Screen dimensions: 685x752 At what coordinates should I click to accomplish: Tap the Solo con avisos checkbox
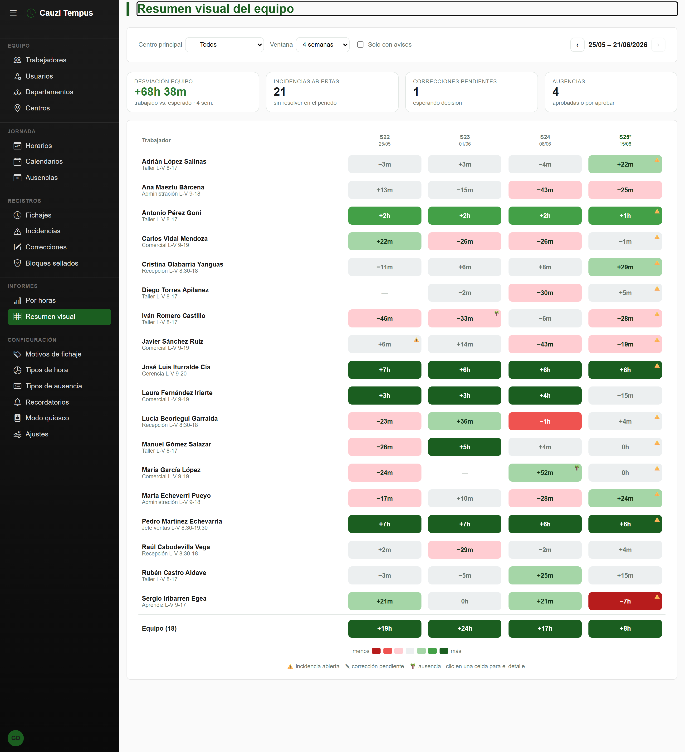(x=360, y=45)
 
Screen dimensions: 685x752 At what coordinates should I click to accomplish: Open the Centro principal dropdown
(x=225, y=45)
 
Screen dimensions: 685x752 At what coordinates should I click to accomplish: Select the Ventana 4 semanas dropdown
(x=323, y=45)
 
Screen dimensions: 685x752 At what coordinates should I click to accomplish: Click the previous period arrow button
(x=577, y=45)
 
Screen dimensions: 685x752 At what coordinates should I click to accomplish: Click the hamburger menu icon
(x=13, y=13)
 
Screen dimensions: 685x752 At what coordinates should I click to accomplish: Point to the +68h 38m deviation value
(x=160, y=92)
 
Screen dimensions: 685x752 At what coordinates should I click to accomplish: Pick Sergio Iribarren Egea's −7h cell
(x=625, y=601)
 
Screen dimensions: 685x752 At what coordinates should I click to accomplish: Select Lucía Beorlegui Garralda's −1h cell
(x=545, y=421)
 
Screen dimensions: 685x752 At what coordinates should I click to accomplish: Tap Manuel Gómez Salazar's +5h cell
(x=465, y=447)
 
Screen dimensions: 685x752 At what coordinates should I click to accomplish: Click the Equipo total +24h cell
(x=465, y=628)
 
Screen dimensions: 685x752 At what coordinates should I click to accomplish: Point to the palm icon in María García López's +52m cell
(x=577, y=468)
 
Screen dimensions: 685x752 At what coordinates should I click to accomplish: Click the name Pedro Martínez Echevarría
(x=182, y=521)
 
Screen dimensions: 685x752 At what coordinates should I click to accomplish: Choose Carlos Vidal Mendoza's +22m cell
(x=384, y=241)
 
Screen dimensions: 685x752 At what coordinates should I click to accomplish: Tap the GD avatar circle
(x=16, y=738)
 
